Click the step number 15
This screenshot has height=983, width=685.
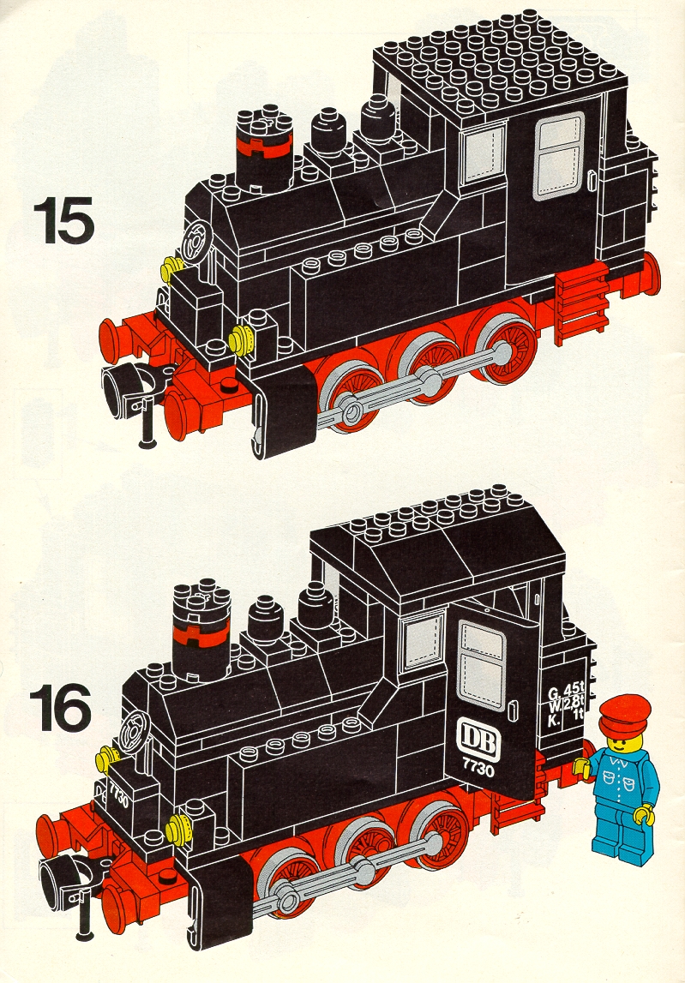(63, 220)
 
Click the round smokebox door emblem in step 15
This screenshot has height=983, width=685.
(196, 242)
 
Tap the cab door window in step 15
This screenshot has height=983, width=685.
(559, 158)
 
